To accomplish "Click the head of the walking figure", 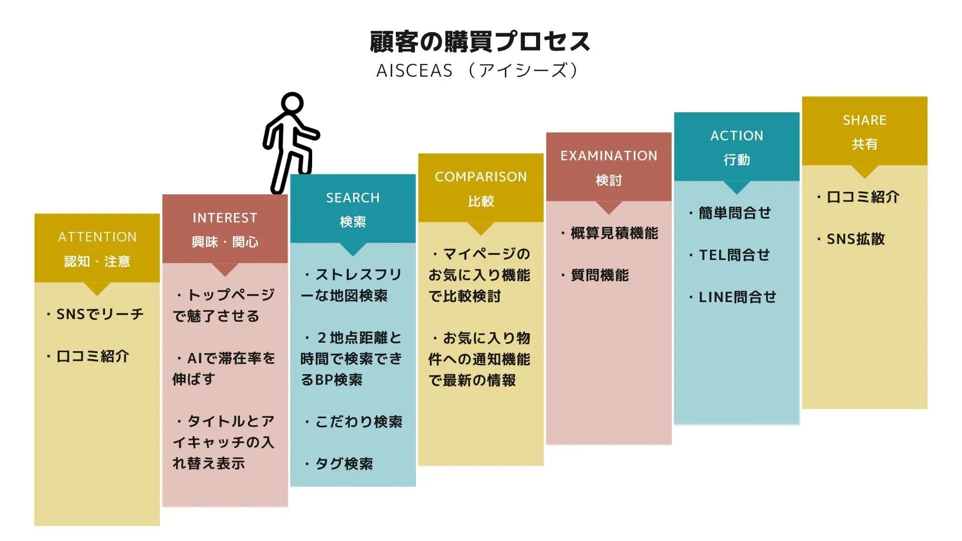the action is point(292,105).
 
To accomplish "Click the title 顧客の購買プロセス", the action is point(480,42).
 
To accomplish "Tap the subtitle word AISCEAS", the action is point(414,71).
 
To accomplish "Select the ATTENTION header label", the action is point(97,237).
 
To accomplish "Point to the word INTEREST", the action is point(225,218).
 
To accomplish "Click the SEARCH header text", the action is point(353,198).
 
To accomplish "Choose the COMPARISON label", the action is point(480,177).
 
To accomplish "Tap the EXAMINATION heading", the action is point(609,156).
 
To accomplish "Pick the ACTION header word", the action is point(737,136).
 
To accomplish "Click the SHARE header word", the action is point(864,120).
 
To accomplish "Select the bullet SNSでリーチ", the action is point(100,314).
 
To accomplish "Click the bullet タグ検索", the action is point(344,464).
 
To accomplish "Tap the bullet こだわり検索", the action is point(358,422).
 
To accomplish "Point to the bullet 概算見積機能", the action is point(614,233).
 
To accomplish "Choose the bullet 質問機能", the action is point(599,275).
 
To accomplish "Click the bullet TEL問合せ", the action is point(734,255).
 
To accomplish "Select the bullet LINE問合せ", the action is point(737,297).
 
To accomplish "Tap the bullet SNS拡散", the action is point(855,239).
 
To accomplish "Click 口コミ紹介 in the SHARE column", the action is point(862,197).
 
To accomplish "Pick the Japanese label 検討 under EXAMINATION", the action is point(609,180).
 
